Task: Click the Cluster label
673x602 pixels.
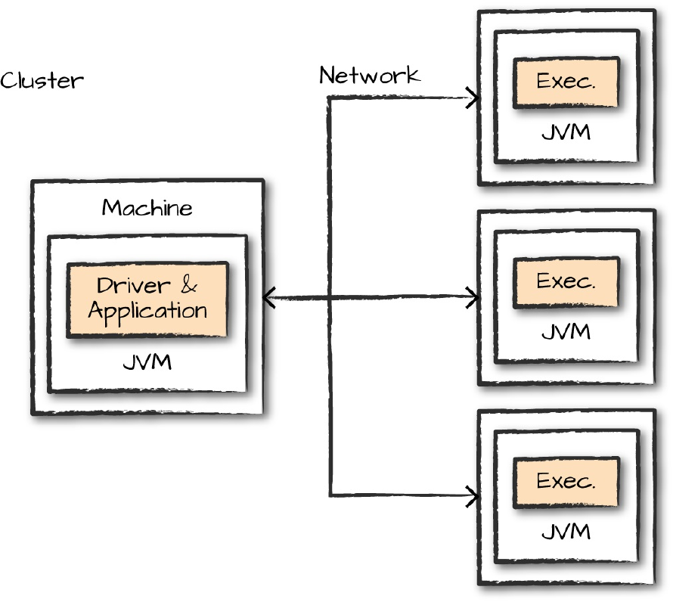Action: point(42,80)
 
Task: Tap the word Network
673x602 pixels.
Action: point(369,75)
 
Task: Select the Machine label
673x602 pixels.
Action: point(147,207)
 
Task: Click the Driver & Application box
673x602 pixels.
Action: point(147,299)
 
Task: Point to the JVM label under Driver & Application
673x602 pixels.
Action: point(147,363)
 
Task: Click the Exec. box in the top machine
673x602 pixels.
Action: point(566,82)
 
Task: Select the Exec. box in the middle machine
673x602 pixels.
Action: point(566,282)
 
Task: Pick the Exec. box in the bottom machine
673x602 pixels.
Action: point(566,482)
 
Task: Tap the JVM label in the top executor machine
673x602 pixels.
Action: point(566,133)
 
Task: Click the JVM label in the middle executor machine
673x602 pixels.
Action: point(566,333)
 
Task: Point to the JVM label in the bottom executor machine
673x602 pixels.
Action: point(566,532)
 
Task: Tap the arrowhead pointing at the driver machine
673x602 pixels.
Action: point(268,297)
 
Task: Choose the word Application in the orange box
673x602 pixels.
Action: point(147,311)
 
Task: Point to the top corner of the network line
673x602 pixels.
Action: point(330,98)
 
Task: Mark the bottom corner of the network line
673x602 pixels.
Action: point(330,496)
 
